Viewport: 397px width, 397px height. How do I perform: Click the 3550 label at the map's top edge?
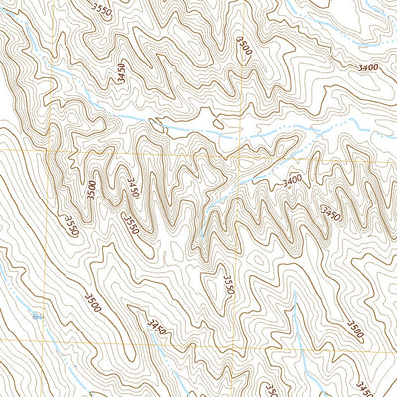(100, 11)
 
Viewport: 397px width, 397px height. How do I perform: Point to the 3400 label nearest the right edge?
(365, 67)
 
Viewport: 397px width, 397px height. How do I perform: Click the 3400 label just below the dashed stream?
(292, 182)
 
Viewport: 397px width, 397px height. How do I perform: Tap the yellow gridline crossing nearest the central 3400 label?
(239, 156)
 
